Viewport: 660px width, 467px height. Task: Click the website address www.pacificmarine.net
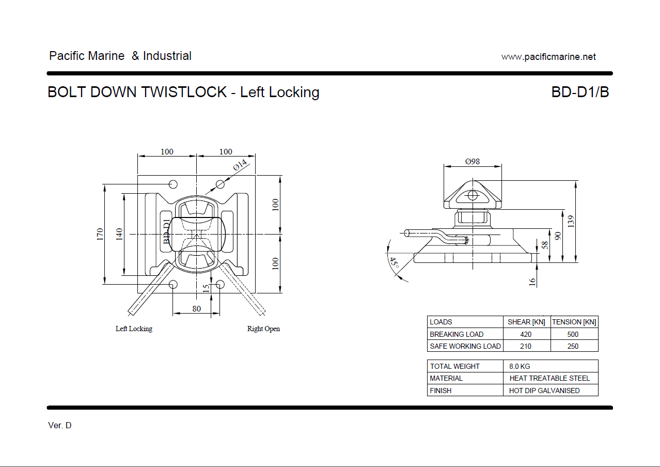click(x=548, y=57)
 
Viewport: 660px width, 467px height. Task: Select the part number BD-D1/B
click(x=580, y=92)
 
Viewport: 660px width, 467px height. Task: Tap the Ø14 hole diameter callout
click(x=241, y=165)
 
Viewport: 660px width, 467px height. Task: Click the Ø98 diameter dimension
click(x=472, y=161)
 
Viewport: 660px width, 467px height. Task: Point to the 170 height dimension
click(x=100, y=234)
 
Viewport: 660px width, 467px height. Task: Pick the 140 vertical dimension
click(x=119, y=234)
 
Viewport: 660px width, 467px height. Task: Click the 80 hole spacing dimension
click(x=196, y=309)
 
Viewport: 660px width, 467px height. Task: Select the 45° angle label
click(x=394, y=263)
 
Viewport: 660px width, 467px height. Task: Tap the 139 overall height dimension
click(x=571, y=222)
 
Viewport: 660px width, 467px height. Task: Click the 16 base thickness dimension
click(x=532, y=282)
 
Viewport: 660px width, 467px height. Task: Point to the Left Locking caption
click(x=134, y=329)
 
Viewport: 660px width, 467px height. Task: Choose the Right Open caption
click(x=263, y=329)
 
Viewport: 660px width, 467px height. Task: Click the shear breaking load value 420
click(x=526, y=334)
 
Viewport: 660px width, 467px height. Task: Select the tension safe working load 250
click(x=573, y=346)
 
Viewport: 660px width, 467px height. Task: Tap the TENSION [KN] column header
click(x=574, y=322)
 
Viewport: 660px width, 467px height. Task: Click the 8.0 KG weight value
click(x=520, y=366)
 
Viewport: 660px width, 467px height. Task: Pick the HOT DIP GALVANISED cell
click(x=544, y=391)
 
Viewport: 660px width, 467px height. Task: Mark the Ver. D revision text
click(x=60, y=426)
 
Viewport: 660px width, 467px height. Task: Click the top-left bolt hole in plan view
click(x=173, y=184)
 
